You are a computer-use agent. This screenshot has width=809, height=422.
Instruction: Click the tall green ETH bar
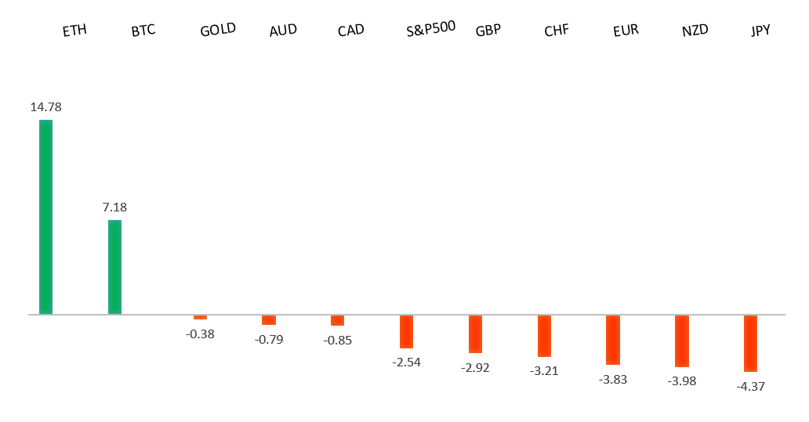pyautogui.click(x=45, y=217)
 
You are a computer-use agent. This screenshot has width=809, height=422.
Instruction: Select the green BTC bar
pyautogui.click(x=114, y=267)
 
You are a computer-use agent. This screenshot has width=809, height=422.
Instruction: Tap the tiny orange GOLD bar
pyautogui.click(x=200, y=317)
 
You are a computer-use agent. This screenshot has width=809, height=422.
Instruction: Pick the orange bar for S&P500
pyautogui.click(x=406, y=331)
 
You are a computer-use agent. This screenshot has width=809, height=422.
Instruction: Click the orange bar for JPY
pyautogui.click(x=750, y=343)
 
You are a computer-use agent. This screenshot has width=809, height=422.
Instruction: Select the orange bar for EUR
pyautogui.click(x=612, y=340)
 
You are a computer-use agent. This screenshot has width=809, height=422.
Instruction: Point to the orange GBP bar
pyautogui.click(x=475, y=334)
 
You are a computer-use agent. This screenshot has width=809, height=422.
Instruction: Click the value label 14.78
pyautogui.click(x=45, y=107)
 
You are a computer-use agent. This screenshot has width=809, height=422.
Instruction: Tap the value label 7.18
pyautogui.click(x=114, y=207)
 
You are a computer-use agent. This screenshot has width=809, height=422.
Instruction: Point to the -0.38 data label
pyautogui.click(x=200, y=334)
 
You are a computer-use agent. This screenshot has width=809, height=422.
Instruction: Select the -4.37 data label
pyautogui.click(x=750, y=386)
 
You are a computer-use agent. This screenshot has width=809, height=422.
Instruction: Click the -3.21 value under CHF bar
pyautogui.click(x=544, y=371)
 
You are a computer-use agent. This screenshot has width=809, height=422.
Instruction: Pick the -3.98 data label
pyautogui.click(x=681, y=381)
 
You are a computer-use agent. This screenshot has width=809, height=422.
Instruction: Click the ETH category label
pyautogui.click(x=74, y=31)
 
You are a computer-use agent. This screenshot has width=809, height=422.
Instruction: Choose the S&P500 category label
pyautogui.click(x=431, y=32)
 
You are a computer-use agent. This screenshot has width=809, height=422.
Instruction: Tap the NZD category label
pyautogui.click(x=695, y=31)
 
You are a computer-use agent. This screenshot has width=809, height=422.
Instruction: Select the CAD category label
pyautogui.click(x=350, y=31)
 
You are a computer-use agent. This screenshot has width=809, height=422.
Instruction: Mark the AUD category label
pyautogui.click(x=282, y=31)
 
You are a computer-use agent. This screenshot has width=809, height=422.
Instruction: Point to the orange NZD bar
pyautogui.click(x=681, y=341)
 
